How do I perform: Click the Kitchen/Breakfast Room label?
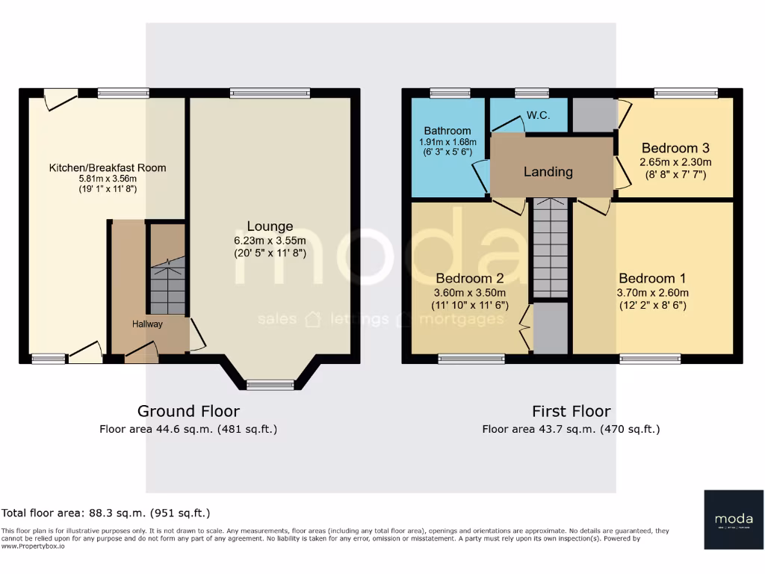click(x=108, y=167)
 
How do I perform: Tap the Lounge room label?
click(x=270, y=226)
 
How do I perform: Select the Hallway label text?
click(x=147, y=324)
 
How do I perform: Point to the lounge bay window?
click(x=270, y=384)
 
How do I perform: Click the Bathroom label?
click(x=447, y=131)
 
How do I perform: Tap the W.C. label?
click(x=538, y=116)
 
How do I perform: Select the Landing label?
click(x=548, y=171)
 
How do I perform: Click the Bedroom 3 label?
click(x=675, y=147)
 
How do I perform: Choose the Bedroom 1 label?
click(x=653, y=279)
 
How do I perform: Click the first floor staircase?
click(x=551, y=250)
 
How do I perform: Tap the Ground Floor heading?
click(x=188, y=411)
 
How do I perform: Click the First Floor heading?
click(x=571, y=411)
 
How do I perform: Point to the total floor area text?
click(x=106, y=513)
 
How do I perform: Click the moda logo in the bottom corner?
click(x=733, y=519)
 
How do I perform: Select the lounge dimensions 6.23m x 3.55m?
click(x=270, y=241)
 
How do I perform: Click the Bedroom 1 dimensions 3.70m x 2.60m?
click(x=653, y=293)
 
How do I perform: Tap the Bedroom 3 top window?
click(x=686, y=93)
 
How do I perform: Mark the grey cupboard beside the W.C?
click(x=594, y=114)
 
